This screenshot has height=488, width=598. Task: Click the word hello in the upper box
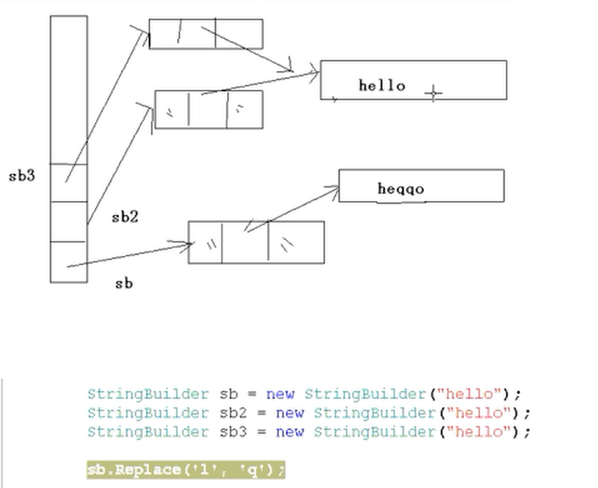click(x=382, y=86)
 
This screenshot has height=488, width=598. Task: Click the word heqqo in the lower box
click(x=401, y=189)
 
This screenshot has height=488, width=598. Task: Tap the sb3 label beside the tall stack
click(x=22, y=177)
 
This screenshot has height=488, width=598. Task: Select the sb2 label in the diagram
click(x=125, y=217)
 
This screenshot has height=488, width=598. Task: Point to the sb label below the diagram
click(x=124, y=283)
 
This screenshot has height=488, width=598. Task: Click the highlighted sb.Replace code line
click(x=186, y=470)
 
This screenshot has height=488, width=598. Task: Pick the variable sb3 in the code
click(x=233, y=432)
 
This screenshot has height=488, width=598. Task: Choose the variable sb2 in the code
click(x=233, y=413)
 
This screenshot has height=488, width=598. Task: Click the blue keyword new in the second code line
click(x=290, y=413)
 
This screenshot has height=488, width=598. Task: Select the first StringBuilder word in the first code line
click(x=148, y=394)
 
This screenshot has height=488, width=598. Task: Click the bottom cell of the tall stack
click(x=68, y=261)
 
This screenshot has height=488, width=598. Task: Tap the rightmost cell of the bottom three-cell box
click(x=296, y=242)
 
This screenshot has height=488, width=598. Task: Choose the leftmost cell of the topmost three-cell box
click(x=164, y=34)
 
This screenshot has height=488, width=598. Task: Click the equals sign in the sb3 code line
click(x=261, y=432)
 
